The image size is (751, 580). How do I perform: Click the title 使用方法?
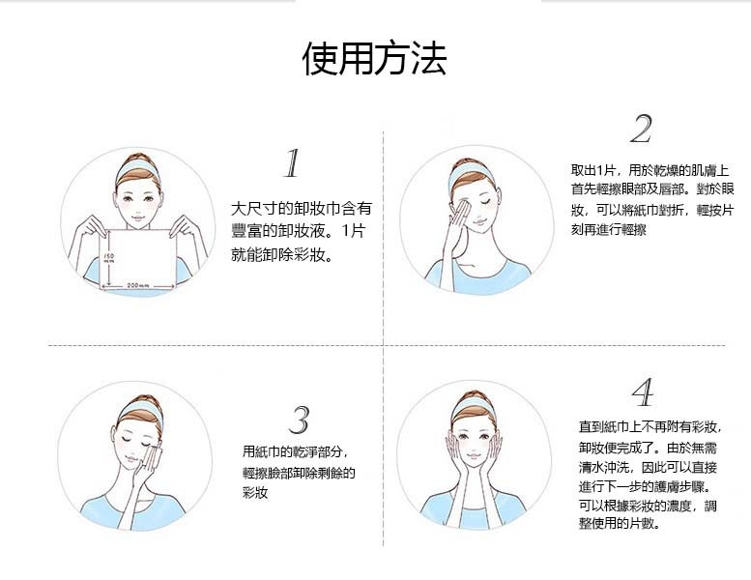click(375, 58)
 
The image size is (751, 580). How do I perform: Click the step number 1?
click(292, 162)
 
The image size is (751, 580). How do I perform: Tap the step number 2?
click(641, 129)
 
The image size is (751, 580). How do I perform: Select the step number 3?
click(300, 420)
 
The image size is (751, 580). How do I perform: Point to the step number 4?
click(643, 392)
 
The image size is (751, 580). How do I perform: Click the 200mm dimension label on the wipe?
click(138, 285)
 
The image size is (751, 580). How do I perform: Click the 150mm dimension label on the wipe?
click(109, 259)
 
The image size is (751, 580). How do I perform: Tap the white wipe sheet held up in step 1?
click(139, 259)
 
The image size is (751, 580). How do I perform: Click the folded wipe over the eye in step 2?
click(461, 212)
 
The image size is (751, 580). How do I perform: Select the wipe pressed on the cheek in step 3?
click(154, 458)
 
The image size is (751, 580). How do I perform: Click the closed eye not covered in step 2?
click(487, 203)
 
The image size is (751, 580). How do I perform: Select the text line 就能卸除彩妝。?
click(282, 254)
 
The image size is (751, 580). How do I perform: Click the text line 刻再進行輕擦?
click(608, 229)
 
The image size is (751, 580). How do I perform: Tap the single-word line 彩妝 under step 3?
click(255, 492)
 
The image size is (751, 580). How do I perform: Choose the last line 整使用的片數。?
click(620, 523)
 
